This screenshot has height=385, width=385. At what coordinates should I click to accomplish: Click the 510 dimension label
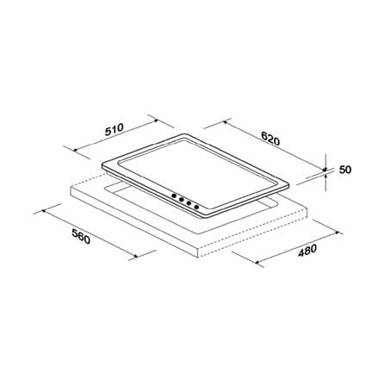click(x=114, y=130)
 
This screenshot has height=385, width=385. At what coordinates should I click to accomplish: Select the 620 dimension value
click(x=270, y=139)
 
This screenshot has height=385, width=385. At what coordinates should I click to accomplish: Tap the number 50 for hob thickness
click(x=345, y=170)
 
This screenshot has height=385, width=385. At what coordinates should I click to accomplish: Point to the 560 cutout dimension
click(x=81, y=236)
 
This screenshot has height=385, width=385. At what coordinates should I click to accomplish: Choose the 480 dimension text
click(x=307, y=251)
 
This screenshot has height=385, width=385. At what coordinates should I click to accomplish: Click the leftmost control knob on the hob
click(x=174, y=196)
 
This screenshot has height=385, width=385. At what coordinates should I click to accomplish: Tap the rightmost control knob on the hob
click(x=197, y=207)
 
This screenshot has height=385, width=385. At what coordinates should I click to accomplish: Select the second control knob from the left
click(x=182, y=199)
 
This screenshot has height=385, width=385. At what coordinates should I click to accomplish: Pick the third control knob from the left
click(x=189, y=203)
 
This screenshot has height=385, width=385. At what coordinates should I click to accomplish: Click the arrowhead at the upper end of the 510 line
click(x=156, y=121)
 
